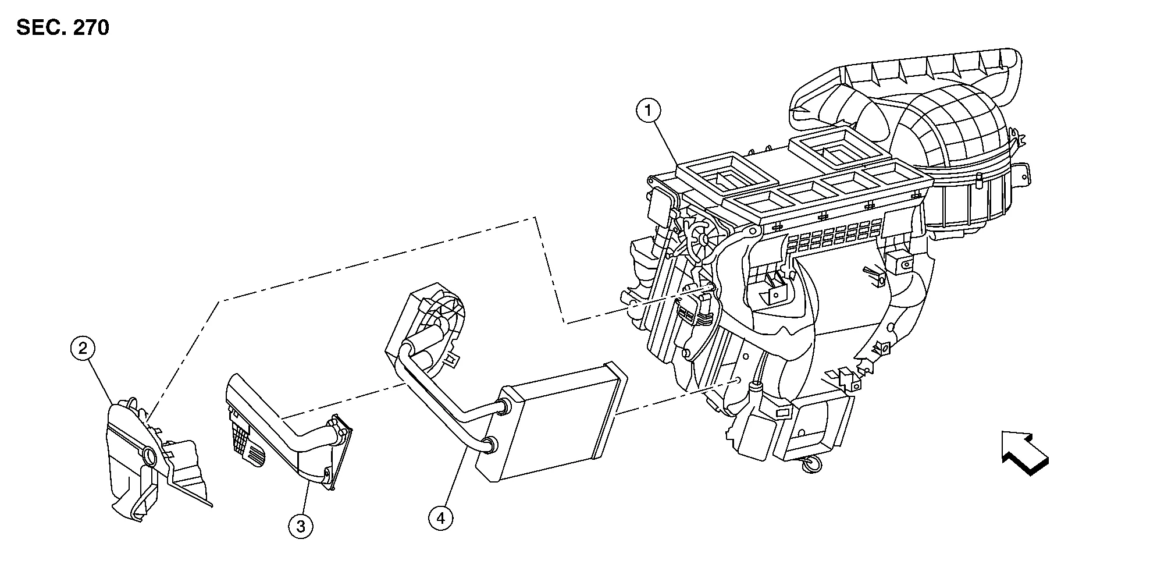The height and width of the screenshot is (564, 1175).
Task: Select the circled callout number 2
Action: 82,349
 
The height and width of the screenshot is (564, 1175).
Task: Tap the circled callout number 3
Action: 300,526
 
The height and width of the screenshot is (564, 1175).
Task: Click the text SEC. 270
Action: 63,28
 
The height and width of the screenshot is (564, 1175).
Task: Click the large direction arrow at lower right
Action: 1024,452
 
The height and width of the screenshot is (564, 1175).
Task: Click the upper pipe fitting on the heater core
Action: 501,407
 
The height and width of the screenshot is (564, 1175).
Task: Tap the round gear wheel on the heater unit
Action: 702,239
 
